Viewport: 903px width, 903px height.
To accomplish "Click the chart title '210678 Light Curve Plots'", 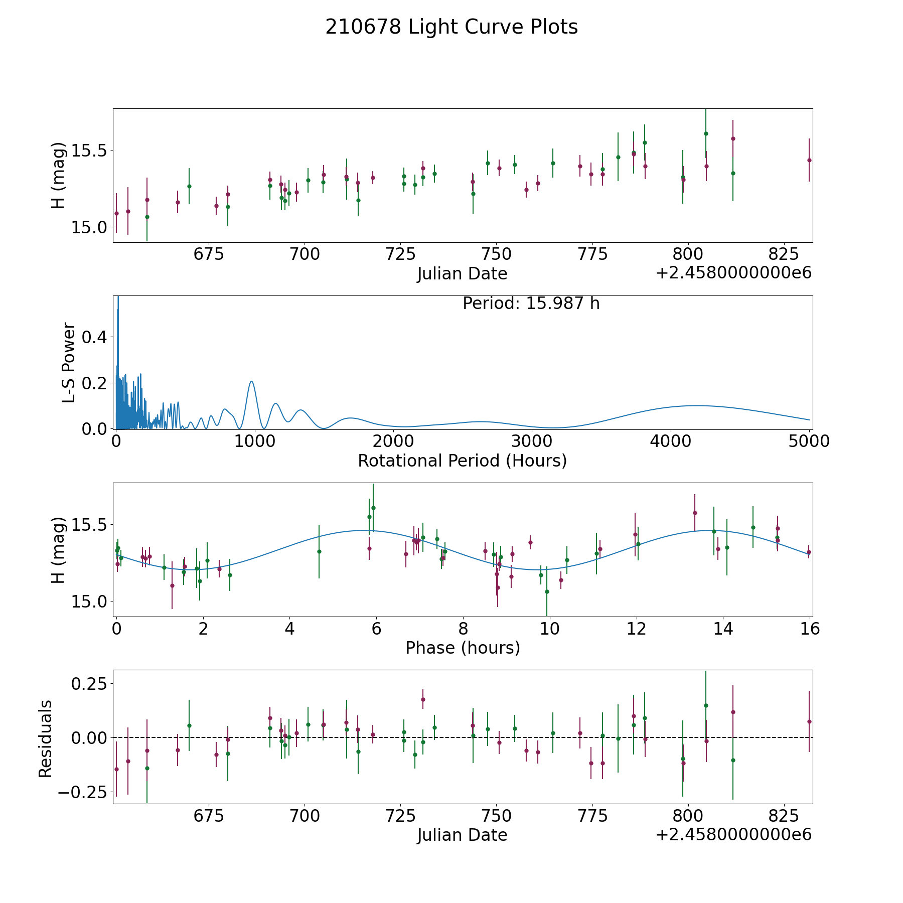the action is [x=452, y=27].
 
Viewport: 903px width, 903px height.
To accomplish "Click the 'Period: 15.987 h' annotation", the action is [x=531, y=304].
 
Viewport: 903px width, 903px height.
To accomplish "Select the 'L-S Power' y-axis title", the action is [x=69, y=363].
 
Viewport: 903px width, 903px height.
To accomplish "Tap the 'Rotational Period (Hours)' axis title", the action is [x=462, y=461].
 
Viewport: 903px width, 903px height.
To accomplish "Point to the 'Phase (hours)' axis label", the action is [x=463, y=648].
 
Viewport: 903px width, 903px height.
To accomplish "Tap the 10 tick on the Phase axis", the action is [x=550, y=629].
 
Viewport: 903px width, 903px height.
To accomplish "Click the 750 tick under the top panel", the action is [x=496, y=254].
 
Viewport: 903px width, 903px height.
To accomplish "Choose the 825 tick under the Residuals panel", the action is [x=784, y=816].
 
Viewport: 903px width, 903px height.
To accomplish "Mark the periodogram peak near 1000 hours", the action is [x=251, y=381].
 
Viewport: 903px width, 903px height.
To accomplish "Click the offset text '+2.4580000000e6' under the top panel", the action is [x=733, y=273].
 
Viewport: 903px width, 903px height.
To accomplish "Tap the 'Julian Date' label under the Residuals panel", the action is [x=462, y=835].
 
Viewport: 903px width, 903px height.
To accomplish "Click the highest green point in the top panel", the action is [x=706, y=133].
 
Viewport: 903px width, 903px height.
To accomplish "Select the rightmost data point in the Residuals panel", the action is [x=809, y=721].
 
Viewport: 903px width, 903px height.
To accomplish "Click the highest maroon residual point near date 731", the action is [x=423, y=699].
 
